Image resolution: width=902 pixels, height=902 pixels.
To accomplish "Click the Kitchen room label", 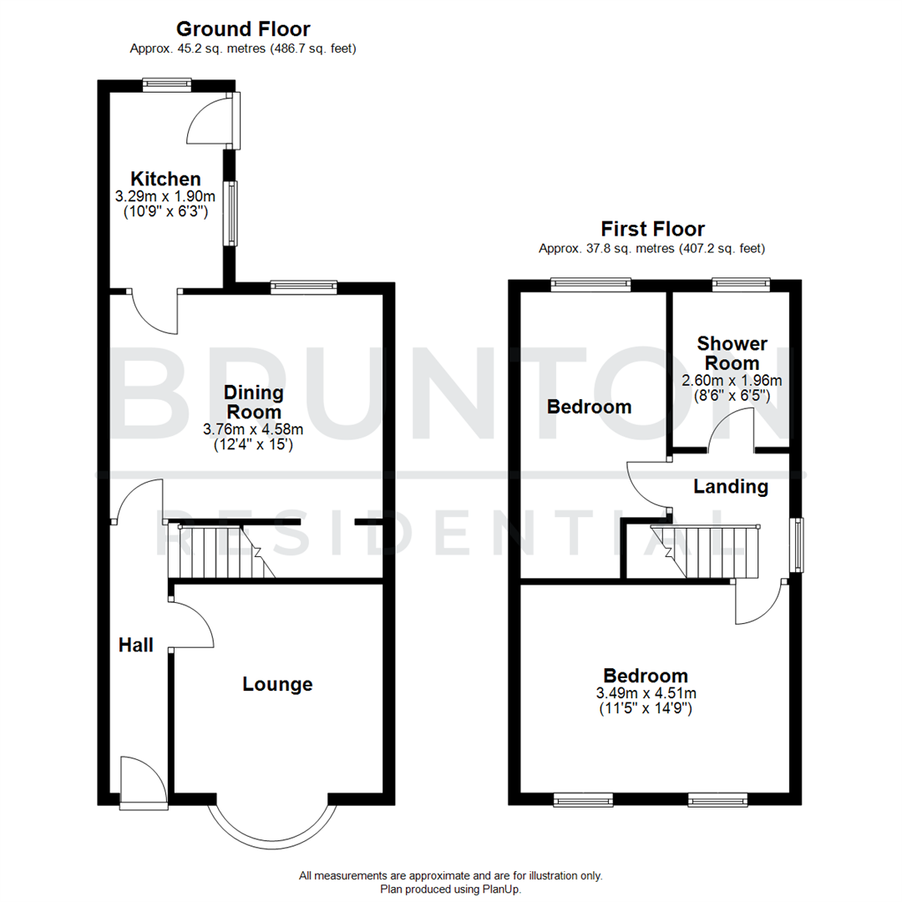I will click(x=165, y=179).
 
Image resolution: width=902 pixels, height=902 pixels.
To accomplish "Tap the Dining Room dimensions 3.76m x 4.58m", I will click(x=253, y=430).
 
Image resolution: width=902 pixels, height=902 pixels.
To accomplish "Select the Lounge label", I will click(x=277, y=684).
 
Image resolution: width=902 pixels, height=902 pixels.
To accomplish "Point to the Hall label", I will click(x=135, y=645).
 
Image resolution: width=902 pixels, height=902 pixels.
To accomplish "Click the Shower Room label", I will click(x=732, y=353).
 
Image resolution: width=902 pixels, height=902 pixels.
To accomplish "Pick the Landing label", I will click(x=731, y=486).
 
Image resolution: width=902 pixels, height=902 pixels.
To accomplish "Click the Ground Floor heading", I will click(x=243, y=30).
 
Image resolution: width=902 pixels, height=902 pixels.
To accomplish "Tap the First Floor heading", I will click(x=652, y=229).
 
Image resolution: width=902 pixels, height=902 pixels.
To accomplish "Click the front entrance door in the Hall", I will click(x=138, y=779).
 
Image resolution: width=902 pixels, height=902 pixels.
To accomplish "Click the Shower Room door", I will click(x=732, y=433).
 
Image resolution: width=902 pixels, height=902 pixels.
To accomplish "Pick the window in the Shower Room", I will click(x=741, y=285).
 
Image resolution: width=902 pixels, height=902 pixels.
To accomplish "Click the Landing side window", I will click(x=798, y=545).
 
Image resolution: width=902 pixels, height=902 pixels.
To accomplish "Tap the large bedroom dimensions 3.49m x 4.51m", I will click(x=646, y=701).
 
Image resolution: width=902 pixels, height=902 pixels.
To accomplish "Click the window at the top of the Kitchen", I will click(x=166, y=84).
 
